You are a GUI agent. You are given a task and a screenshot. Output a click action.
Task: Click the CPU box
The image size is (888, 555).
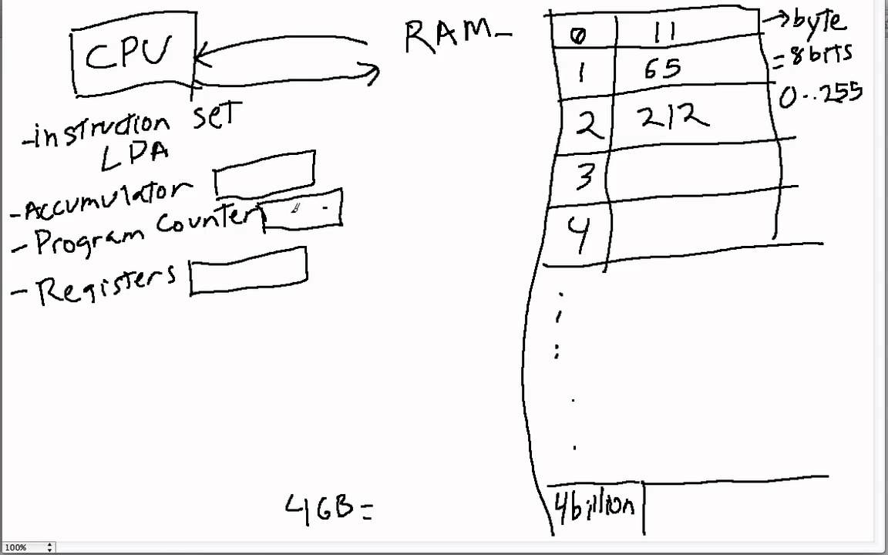[133, 55]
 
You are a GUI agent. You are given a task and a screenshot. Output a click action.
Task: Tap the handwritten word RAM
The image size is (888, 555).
[449, 36]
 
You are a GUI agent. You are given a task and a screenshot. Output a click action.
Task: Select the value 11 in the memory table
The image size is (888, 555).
[665, 32]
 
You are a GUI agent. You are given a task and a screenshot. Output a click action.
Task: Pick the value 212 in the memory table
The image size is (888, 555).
[671, 117]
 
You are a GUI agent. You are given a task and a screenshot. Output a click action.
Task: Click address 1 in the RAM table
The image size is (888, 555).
[580, 72]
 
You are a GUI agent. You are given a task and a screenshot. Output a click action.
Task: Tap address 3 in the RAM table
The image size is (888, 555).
[584, 177]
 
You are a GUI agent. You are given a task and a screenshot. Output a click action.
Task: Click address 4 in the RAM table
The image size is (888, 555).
[579, 234]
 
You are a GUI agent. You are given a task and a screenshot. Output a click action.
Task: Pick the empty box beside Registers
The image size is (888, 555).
[247, 271]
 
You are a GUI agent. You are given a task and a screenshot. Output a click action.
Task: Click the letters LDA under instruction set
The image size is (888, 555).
[135, 153]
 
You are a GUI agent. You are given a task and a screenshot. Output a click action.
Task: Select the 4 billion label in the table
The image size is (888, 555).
[595, 506]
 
